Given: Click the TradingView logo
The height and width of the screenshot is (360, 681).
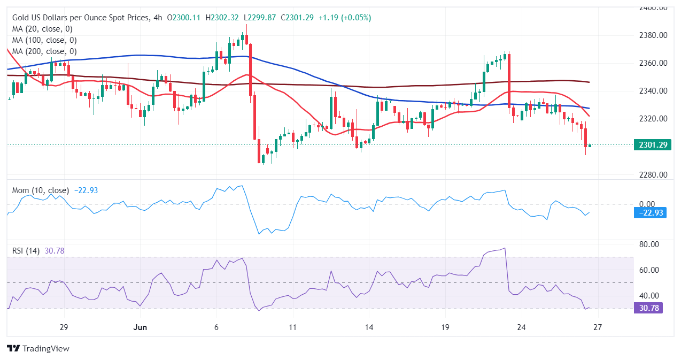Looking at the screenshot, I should tap(38, 348).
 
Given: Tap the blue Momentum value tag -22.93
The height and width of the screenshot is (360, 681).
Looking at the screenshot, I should tap(650, 213).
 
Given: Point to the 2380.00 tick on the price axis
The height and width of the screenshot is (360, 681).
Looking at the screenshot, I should tap(654, 35).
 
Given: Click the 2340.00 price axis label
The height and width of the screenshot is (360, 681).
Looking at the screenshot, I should tap(654, 91).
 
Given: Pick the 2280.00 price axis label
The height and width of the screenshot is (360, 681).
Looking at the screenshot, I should tap(654, 175).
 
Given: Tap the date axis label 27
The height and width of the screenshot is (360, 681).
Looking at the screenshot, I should tap(598, 327).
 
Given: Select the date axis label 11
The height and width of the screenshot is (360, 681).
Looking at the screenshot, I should tap(292, 327).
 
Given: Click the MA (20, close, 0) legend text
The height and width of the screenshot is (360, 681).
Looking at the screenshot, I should tap(42, 29).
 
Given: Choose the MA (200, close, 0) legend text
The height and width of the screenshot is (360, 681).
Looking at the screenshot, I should tap(44, 51).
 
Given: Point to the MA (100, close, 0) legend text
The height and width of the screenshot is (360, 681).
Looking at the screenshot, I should tap(44, 40).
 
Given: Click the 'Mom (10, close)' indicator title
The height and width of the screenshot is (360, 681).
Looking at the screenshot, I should tap(41, 190).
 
